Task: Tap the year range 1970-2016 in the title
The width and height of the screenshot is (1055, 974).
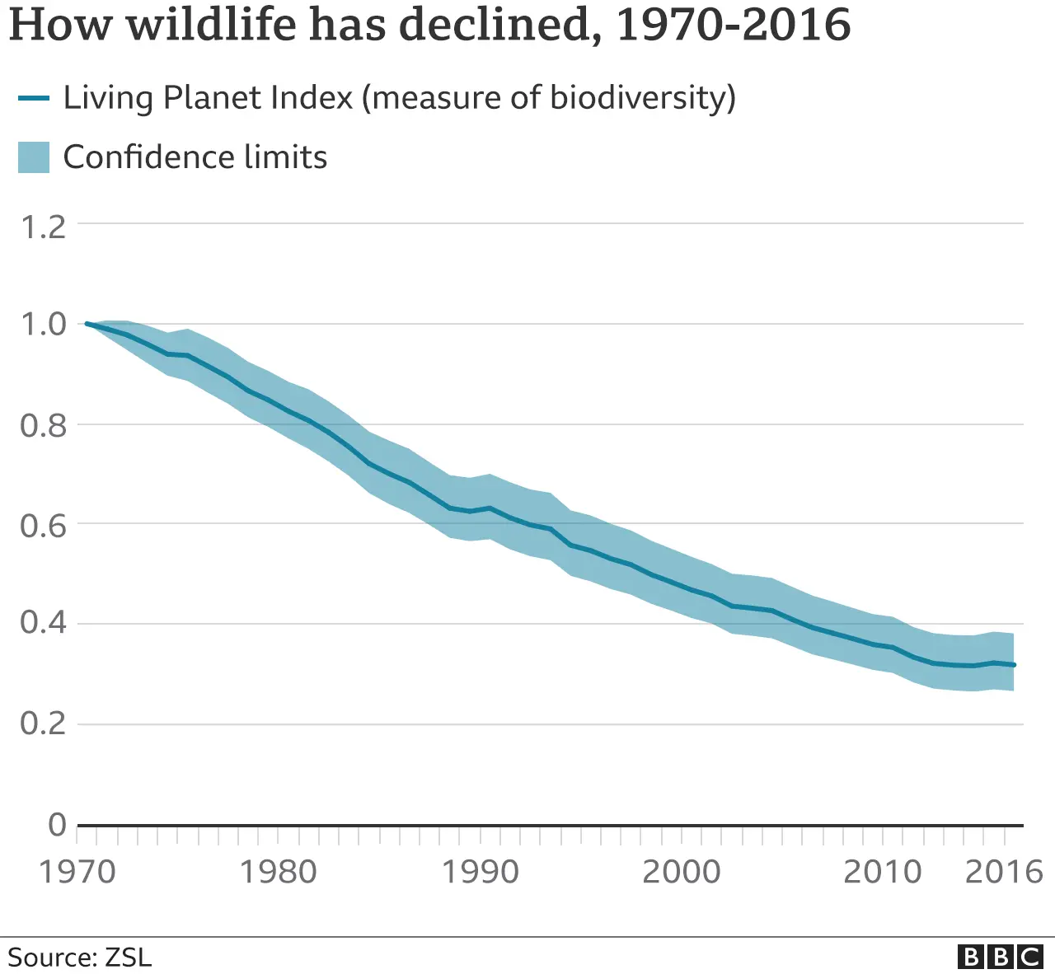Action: pyautogui.click(x=733, y=25)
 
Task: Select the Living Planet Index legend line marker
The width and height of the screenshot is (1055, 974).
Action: pyautogui.click(x=34, y=98)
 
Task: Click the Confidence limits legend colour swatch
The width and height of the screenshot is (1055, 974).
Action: pyautogui.click(x=34, y=157)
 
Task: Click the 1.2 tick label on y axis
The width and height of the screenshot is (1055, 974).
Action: pyautogui.click(x=43, y=227)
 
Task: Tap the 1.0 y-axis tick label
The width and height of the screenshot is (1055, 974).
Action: pyautogui.click(x=43, y=325)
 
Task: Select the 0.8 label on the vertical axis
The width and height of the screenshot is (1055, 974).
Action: pyautogui.click(x=43, y=426)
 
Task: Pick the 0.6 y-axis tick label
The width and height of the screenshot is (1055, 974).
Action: pyautogui.click(x=43, y=525)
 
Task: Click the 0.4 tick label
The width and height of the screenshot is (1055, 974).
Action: pyautogui.click(x=43, y=623)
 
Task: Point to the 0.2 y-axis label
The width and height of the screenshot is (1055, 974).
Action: pyautogui.click(x=43, y=723)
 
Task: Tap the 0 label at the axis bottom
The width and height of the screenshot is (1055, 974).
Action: pyautogui.click(x=57, y=824)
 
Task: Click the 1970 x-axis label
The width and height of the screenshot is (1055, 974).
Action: pyautogui.click(x=77, y=871)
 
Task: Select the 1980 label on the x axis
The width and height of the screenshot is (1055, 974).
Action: pyautogui.click(x=278, y=871)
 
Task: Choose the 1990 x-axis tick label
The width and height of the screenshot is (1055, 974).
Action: pyautogui.click(x=480, y=871)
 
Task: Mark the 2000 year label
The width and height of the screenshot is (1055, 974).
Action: pyautogui.click(x=681, y=871)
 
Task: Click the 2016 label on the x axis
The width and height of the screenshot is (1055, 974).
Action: pyautogui.click(x=1003, y=871)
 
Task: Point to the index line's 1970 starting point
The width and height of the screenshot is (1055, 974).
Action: pyautogui.click(x=87, y=324)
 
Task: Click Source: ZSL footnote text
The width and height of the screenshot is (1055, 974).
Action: pyautogui.click(x=80, y=958)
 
